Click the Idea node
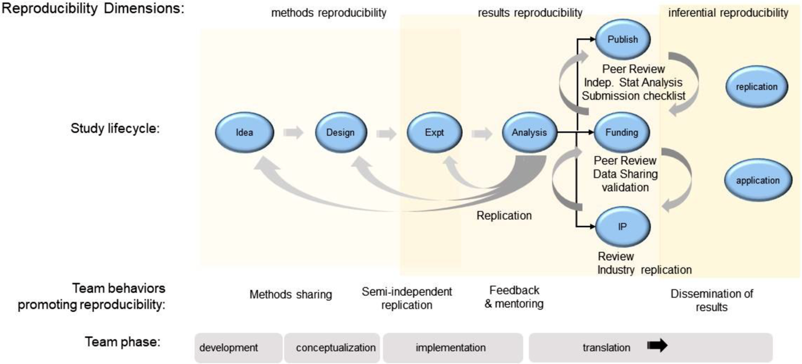pyautogui.click(x=244, y=132)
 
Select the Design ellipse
pyautogui.click(x=340, y=132)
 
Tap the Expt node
pyautogui.click(x=434, y=132)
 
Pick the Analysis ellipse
pyautogui.click(x=530, y=132)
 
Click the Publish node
pyautogui.click(x=623, y=40)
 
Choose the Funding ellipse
pyautogui.click(x=623, y=132)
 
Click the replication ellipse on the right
pyautogui.click(x=757, y=87)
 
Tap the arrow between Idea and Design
pyautogui.click(x=293, y=133)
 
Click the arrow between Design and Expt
pyautogui.click(x=387, y=133)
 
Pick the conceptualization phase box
pyautogui.click(x=332, y=348)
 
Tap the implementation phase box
pyautogui.click(x=451, y=348)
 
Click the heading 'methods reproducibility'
pyautogui.click(x=329, y=13)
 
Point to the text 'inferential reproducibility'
pyautogui.click(x=729, y=13)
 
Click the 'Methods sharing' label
pyautogui.click(x=290, y=295)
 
